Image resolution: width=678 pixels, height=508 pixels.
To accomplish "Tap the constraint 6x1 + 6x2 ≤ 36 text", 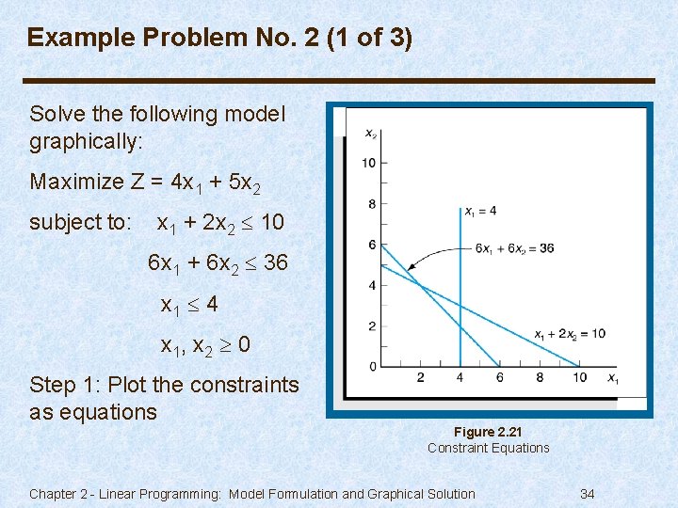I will [x=218, y=263].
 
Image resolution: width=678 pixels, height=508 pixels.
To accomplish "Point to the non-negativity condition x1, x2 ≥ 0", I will [x=205, y=345].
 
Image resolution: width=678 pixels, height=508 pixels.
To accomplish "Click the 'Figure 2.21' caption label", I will [x=488, y=432].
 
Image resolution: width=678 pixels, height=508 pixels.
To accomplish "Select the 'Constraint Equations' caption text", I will [x=488, y=448].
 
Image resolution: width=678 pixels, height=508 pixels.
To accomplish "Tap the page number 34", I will [x=587, y=494].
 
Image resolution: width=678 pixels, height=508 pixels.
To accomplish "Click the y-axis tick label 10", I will [x=368, y=164].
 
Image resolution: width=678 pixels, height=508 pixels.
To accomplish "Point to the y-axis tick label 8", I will [x=372, y=204].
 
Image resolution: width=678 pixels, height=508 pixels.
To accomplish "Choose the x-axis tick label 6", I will [x=499, y=378].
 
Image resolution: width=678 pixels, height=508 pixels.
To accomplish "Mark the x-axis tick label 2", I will [x=420, y=378].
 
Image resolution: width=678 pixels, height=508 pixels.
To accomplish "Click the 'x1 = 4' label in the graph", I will [x=480, y=212].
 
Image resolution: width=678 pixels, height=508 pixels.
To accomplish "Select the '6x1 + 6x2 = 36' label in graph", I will [x=514, y=248].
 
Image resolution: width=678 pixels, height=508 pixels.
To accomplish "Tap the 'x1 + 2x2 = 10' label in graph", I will [x=569, y=334].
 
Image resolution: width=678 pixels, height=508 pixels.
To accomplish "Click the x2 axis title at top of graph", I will [x=371, y=134].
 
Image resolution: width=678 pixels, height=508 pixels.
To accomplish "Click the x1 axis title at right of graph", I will [x=612, y=379].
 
